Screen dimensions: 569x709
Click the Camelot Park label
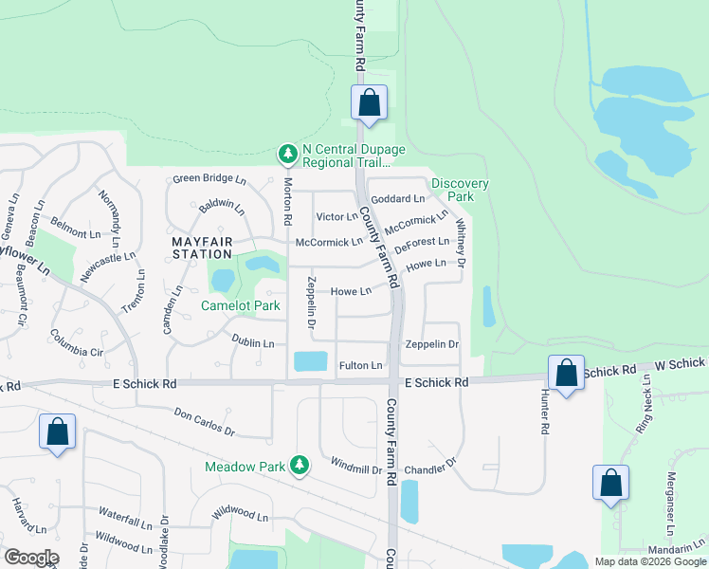click(240, 306)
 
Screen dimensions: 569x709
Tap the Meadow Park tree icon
click(300, 465)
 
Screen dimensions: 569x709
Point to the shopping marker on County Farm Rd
click(368, 103)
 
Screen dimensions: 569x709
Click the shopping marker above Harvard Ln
click(57, 431)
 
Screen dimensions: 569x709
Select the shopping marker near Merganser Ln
click(610, 483)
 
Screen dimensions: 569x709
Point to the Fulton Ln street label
click(360, 365)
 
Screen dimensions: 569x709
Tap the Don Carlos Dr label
click(205, 422)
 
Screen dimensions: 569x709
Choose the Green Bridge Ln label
click(209, 179)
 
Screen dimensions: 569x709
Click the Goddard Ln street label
click(398, 198)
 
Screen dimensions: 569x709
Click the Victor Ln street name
click(336, 217)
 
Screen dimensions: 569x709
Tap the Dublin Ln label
click(253, 342)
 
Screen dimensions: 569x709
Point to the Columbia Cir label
click(77, 344)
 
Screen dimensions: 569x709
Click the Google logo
click(31, 558)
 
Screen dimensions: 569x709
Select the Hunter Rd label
click(545, 412)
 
